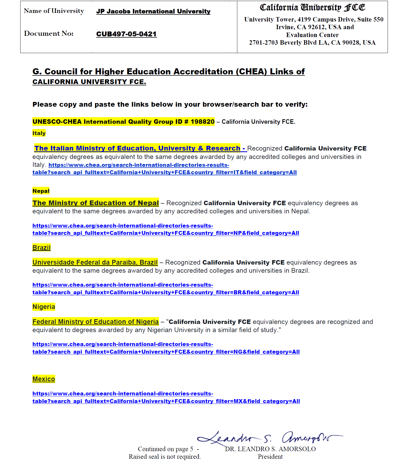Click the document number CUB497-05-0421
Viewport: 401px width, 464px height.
pyautogui.click(x=126, y=34)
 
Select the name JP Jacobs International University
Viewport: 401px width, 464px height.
pyautogui.click(x=153, y=11)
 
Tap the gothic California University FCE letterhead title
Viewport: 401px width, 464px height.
pyautogui.click(x=312, y=8)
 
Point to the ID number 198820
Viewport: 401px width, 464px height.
pyautogui.click(x=203, y=122)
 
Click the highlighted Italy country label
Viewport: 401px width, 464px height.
pyautogui.click(x=39, y=133)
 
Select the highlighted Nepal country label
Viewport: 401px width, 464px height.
pyautogui.click(x=41, y=191)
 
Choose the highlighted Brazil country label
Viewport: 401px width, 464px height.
pyautogui.click(x=42, y=248)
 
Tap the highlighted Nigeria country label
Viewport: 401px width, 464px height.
pyautogui.click(x=44, y=307)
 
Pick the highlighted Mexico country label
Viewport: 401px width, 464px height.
pyautogui.click(x=44, y=379)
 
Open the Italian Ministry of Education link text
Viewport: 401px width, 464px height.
pyautogui.click(x=137, y=148)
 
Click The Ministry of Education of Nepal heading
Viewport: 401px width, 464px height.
pyautogui.click(x=96, y=203)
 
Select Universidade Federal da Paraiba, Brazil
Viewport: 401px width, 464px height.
pyautogui.click(x=95, y=262)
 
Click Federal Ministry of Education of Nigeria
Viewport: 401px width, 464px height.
pyautogui.click(x=96, y=322)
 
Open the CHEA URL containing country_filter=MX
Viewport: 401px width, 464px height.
pyautogui.click(x=166, y=401)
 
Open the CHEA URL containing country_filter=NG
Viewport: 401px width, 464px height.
pyautogui.click(x=166, y=352)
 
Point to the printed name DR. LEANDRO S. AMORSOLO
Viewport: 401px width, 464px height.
pyautogui.click(x=270, y=449)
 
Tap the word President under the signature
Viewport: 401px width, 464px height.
pyautogui.click(x=270, y=457)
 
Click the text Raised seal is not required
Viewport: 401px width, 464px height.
pyautogui.click(x=164, y=457)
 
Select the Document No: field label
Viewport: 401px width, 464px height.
pyautogui.click(x=49, y=34)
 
